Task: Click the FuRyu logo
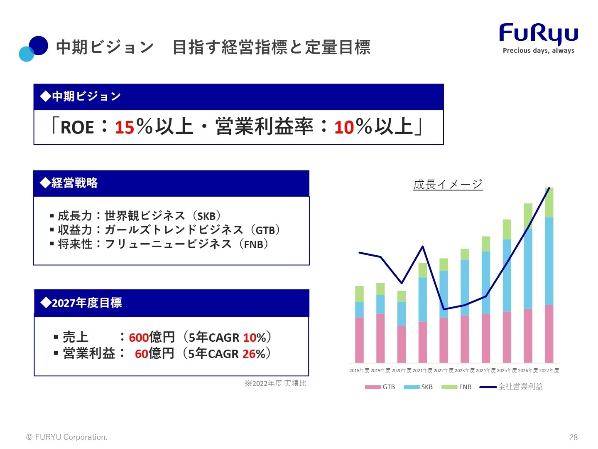click(x=538, y=38)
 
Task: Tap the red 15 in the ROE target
click(x=124, y=127)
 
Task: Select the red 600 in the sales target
click(x=139, y=338)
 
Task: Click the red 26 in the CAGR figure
click(x=249, y=354)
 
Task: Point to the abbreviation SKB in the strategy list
click(x=206, y=216)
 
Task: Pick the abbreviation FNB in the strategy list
click(x=253, y=244)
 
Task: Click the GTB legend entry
click(x=380, y=387)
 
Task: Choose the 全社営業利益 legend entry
click(x=511, y=387)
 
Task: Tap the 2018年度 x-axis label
click(x=359, y=370)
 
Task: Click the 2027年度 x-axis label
click(x=549, y=370)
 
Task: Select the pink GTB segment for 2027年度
click(x=549, y=334)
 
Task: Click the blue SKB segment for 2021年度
click(x=423, y=300)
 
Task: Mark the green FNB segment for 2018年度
click(x=359, y=294)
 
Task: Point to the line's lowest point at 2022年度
click(x=444, y=309)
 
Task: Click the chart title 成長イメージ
click(x=448, y=185)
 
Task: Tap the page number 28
click(x=573, y=437)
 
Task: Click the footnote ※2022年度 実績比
click(x=275, y=384)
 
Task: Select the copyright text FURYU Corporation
click(x=71, y=437)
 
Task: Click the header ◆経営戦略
click(x=69, y=183)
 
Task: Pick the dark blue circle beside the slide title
click(x=39, y=46)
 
